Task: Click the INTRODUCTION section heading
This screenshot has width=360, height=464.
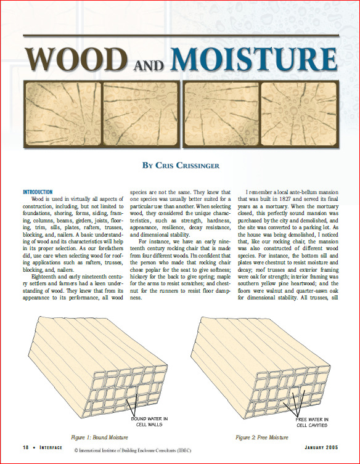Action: coord(38,192)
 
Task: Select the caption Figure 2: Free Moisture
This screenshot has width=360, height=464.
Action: coord(261,437)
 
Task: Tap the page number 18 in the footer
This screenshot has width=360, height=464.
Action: coord(25,447)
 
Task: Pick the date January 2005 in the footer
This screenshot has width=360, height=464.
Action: coord(322,447)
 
